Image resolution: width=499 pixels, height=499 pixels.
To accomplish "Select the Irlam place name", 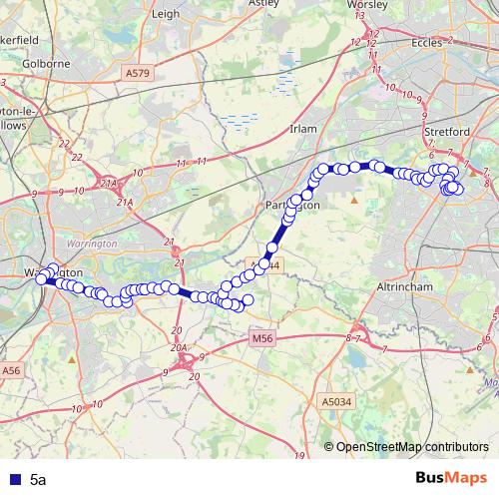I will coord(301,129).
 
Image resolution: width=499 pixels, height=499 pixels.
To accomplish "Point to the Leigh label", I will coord(167,14).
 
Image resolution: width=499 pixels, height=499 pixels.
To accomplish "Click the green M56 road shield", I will coord(261,339).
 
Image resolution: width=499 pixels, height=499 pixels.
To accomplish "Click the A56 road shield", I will coord(11,370).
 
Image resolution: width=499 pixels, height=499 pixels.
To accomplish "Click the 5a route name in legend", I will coord(37,480).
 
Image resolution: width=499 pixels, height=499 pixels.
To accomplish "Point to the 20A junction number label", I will coord(180,347).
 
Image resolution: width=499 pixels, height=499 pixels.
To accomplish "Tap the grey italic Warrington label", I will coord(91,244).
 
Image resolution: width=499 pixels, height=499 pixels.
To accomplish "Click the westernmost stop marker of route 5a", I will coord(42,279).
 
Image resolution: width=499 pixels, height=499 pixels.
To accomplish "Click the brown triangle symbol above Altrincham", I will coord(354,200).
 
